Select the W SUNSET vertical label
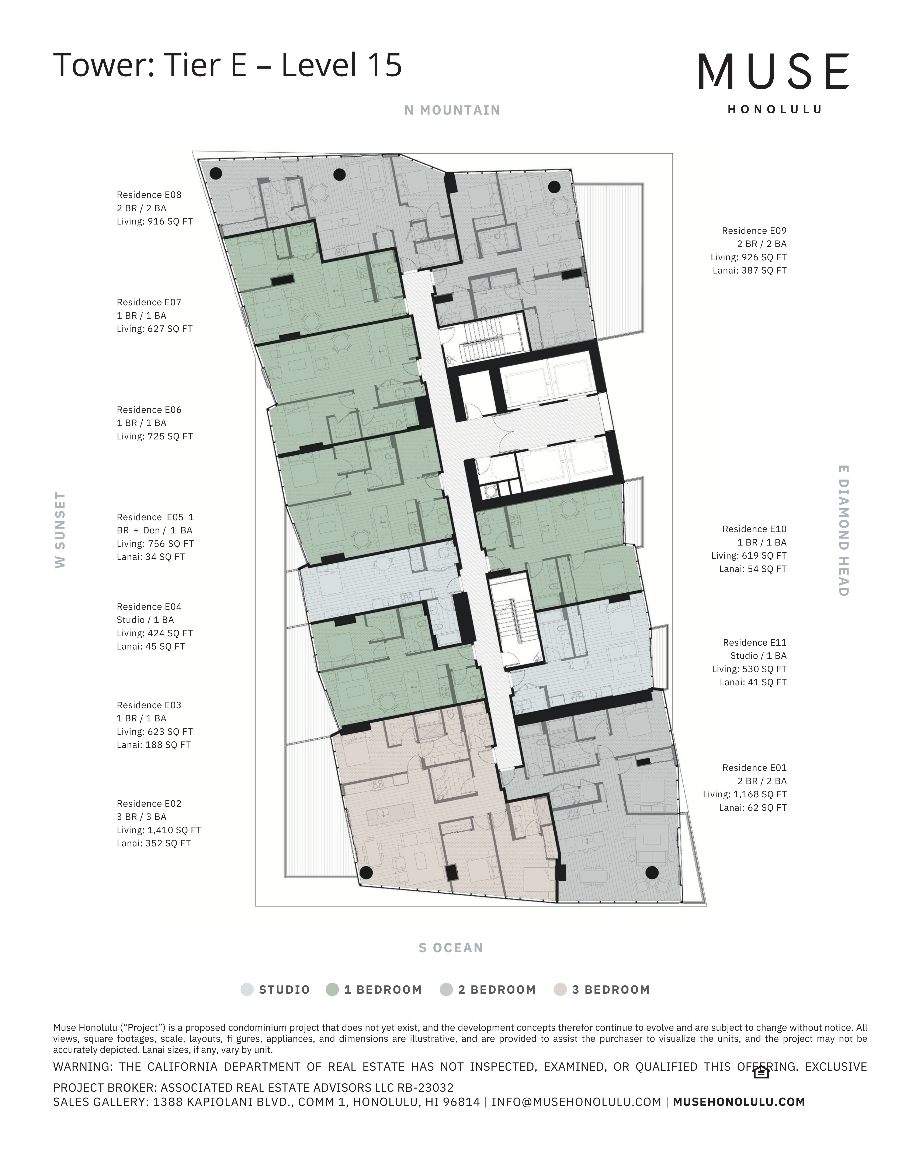click(x=60, y=530)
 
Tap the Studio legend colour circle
click(x=247, y=990)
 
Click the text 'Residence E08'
click(x=149, y=195)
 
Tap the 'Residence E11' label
click(x=754, y=643)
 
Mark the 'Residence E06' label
click(x=149, y=410)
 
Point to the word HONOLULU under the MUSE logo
click(x=774, y=109)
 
